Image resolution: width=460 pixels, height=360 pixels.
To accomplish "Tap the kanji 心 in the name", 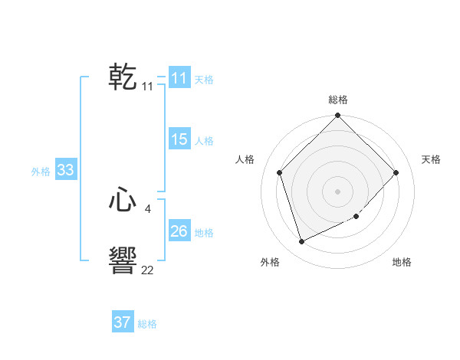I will [123, 201].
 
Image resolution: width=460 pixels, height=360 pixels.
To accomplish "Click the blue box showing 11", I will [179, 78].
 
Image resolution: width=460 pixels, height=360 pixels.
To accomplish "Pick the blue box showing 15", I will [179, 139].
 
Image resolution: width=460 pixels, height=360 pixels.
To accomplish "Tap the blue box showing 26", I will [179, 231].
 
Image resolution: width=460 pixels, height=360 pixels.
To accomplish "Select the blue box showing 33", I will [65, 170].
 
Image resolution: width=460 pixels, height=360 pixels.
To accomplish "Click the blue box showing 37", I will [122, 322].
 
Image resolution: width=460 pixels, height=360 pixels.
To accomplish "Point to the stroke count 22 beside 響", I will [147, 270].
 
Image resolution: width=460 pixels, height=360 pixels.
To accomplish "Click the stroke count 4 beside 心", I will [147, 208].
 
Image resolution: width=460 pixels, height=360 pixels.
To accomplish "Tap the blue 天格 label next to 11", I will [204, 80].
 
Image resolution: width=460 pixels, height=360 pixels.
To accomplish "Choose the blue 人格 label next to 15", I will [204, 141].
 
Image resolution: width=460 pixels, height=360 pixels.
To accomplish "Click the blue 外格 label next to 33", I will [41, 172].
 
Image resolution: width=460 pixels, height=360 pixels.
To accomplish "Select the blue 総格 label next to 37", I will [147, 324].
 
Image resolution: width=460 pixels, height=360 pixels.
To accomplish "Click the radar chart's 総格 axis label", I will [338, 100].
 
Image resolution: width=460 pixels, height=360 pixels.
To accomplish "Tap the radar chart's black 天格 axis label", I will [431, 159].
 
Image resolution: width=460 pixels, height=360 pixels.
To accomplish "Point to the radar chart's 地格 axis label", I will [402, 262].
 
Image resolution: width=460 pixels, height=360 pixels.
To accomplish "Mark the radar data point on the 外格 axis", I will [302, 242].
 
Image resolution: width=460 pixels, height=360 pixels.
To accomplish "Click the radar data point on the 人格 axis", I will [280, 172].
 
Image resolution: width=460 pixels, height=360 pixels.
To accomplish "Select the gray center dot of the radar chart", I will [338, 191].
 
